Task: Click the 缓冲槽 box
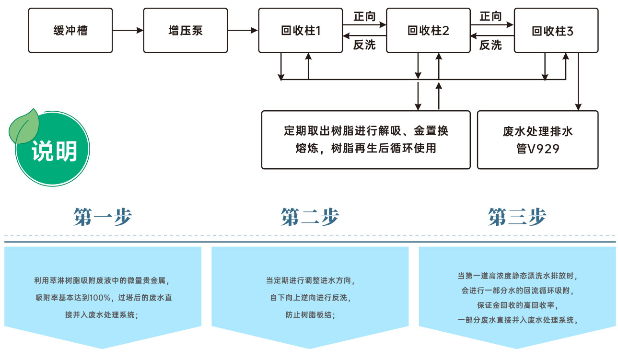click(x=70, y=30)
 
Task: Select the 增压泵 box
click(x=186, y=30)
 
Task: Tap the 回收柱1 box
click(x=301, y=30)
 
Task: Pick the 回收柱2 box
click(x=428, y=30)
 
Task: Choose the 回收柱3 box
click(x=556, y=30)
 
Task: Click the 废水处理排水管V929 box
click(x=537, y=139)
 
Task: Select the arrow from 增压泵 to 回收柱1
click(x=243, y=30)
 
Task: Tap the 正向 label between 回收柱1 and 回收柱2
click(x=364, y=16)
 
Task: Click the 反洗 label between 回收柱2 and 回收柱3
click(x=490, y=45)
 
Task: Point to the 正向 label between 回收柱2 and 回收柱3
click(x=490, y=16)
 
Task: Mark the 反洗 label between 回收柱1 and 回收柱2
click(x=364, y=45)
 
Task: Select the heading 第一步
click(x=103, y=217)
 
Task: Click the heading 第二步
click(x=310, y=217)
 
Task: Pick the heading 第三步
click(x=517, y=217)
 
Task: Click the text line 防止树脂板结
click(x=310, y=315)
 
